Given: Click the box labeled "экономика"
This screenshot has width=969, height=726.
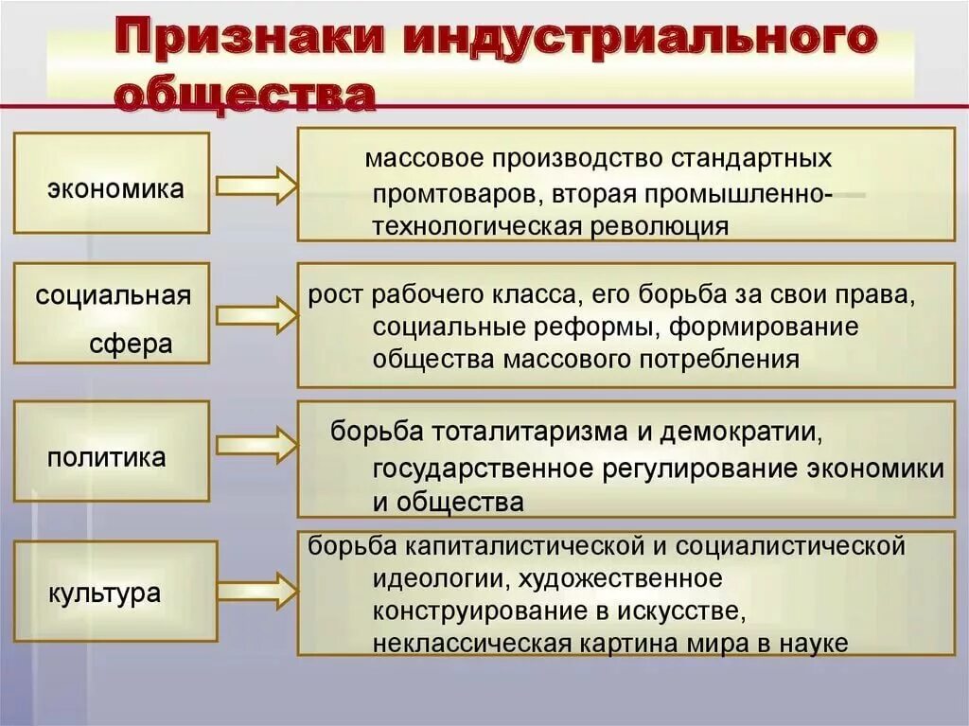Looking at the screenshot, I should coord(112,183).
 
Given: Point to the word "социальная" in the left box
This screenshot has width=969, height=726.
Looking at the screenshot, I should coord(113,295).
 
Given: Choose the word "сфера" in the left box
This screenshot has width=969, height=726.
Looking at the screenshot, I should coord(131,343).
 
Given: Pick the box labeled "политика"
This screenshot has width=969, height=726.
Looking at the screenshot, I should coord(112,451).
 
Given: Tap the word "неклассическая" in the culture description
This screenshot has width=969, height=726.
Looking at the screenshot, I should coord(471,644).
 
